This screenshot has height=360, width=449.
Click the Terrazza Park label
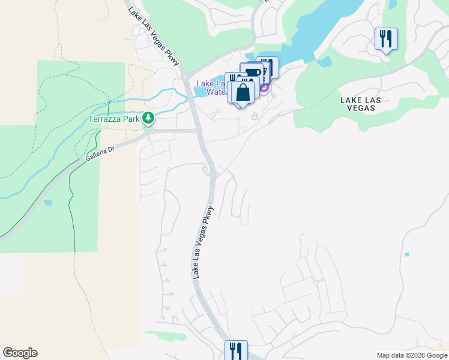point(114,119)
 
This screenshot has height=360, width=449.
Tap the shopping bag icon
point(243,93)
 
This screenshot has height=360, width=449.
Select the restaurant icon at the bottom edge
point(236,350)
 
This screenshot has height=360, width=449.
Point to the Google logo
point(20,353)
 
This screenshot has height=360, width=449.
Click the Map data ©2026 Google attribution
point(411,355)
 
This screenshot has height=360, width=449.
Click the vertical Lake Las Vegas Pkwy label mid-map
point(203,242)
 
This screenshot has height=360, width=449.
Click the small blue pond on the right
point(407,254)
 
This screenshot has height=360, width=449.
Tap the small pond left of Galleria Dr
point(47,203)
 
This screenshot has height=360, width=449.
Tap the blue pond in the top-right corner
point(393,4)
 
